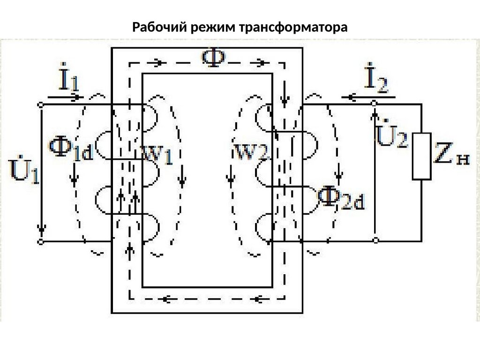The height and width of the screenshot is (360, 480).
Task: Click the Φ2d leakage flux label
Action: click(x=341, y=199)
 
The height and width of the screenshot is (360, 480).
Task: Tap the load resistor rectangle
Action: click(x=421, y=156)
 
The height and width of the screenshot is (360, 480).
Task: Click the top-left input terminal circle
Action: click(x=41, y=104)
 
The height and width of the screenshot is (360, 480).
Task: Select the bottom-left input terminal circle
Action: click(x=41, y=241)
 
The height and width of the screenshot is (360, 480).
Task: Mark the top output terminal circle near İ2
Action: click(x=375, y=103)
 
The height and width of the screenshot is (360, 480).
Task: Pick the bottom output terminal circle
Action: click(x=375, y=240)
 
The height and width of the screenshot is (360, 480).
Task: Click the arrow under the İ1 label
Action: click(x=66, y=97)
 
